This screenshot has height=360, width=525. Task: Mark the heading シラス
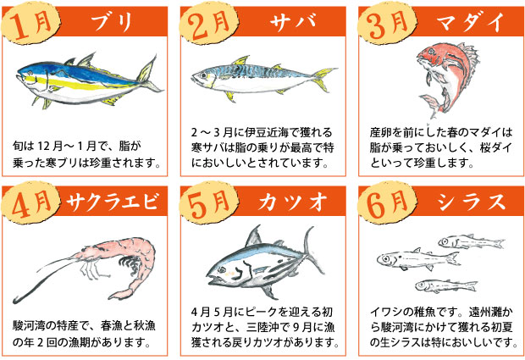pyautogui.click(x=467, y=202)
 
